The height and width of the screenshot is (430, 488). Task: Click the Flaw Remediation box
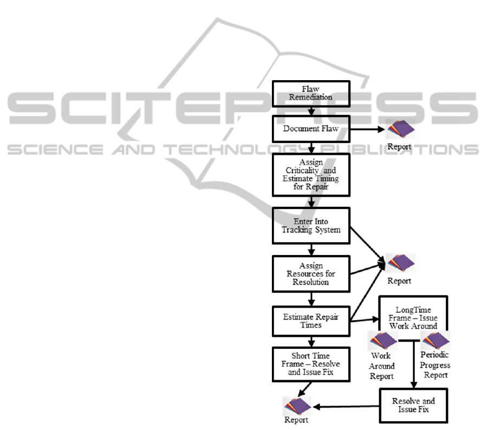tap(311, 93)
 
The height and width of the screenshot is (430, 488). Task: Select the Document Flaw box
tap(311, 129)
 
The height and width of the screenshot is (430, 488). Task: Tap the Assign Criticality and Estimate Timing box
tap(311, 174)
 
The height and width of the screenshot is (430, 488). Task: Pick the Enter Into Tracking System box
tap(311, 225)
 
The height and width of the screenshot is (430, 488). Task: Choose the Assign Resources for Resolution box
tap(311, 274)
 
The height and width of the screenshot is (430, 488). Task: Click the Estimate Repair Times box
tap(311, 321)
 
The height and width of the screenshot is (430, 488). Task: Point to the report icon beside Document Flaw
tap(401, 129)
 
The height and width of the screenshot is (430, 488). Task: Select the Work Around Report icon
tap(382, 341)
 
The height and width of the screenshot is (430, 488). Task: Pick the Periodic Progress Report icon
tap(435, 341)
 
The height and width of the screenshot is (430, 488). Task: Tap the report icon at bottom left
tap(297, 406)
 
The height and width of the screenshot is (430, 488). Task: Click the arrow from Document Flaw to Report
tap(368, 129)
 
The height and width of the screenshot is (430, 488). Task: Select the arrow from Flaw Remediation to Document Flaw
tap(311, 110)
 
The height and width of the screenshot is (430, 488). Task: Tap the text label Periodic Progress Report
tap(435, 366)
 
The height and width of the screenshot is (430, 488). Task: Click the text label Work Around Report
tap(382, 367)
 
